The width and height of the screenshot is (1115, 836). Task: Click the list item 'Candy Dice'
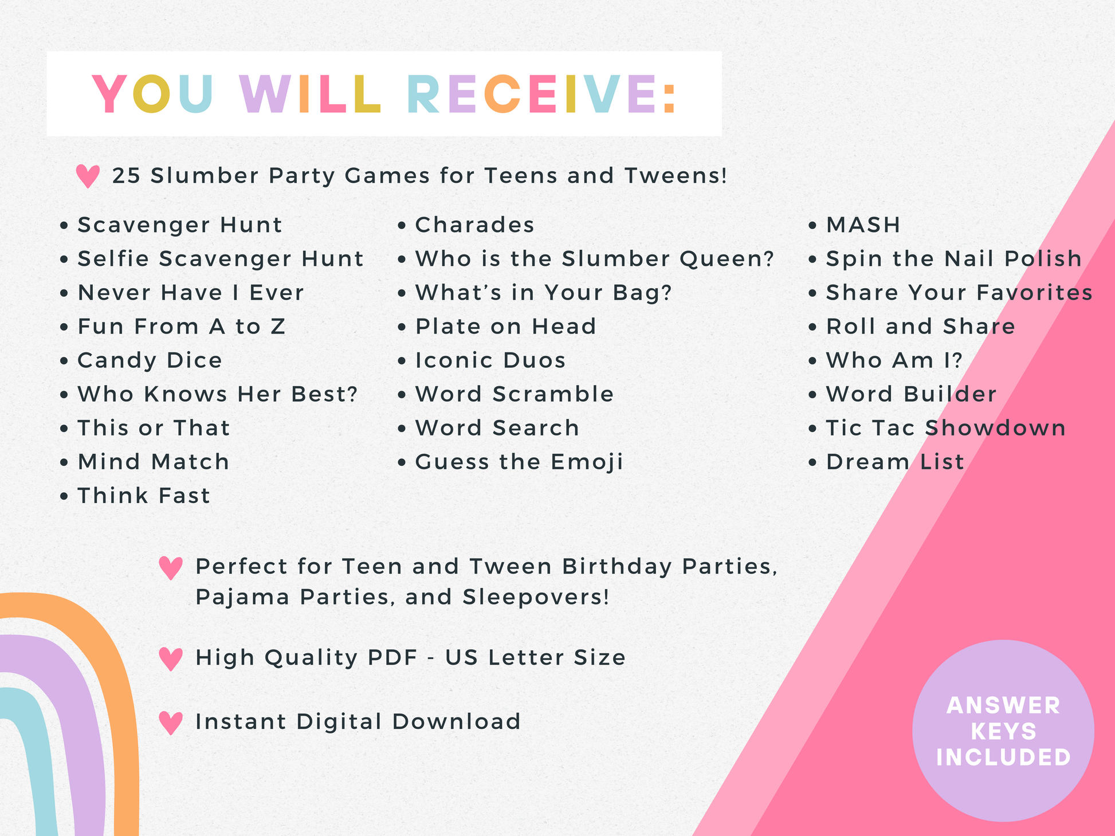pos(150,360)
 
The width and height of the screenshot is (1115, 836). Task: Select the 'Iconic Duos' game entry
pos(490,360)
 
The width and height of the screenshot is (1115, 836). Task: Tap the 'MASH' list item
pos(863,225)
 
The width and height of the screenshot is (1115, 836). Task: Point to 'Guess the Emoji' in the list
pos(519,462)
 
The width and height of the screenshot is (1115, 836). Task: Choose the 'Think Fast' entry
pos(144,496)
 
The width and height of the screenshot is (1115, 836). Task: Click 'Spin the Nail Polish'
pos(953,259)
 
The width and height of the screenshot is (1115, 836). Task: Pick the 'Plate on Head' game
pos(506,327)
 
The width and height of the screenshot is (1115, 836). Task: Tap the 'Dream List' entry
pos(895,462)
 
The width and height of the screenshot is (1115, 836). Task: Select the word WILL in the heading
pos(310,94)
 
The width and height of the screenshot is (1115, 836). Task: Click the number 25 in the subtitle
pos(126,176)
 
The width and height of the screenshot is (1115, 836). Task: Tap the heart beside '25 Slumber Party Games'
pos(88,176)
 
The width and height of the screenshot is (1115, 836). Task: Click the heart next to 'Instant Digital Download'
pos(171,723)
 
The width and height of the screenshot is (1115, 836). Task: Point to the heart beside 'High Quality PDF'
pos(171,659)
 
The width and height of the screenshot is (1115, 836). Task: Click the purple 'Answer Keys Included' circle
pos(1003,731)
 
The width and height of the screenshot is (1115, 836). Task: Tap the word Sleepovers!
pos(536,598)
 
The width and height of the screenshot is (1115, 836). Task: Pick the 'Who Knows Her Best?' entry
pos(218,394)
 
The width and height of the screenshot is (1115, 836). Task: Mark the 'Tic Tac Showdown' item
pos(945,428)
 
